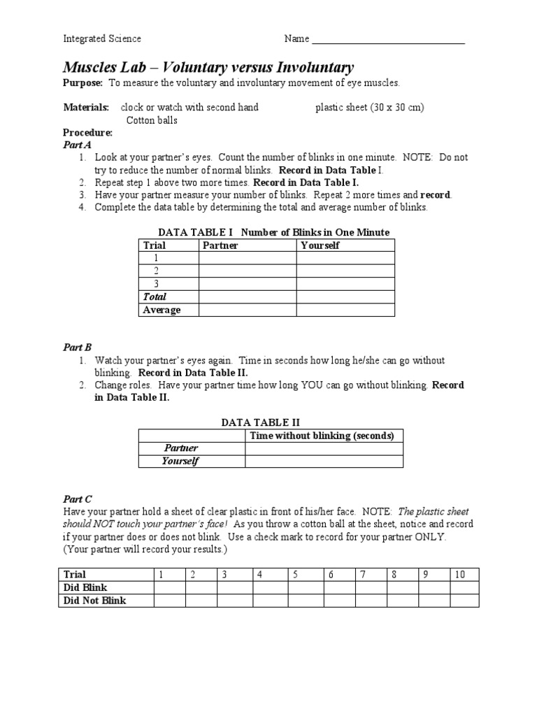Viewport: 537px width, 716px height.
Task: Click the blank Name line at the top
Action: [x=388, y=41]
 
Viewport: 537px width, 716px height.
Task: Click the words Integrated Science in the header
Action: [x=102, y=39]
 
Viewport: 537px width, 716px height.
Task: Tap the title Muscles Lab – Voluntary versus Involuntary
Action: [x=208, y=68]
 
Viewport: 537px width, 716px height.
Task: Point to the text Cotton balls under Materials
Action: [x=152, y=120]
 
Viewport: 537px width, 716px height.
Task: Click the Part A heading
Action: [x=77, y=145]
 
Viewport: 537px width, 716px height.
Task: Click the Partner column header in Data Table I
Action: [x=220, y=245]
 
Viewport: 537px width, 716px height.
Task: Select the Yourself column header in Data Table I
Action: [x=320, y=245]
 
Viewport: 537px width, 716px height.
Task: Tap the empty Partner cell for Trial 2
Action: [x=248, y=271]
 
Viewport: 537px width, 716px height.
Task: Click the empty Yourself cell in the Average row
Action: [x=345, y=310]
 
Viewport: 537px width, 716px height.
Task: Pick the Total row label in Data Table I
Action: [x=155, y=297]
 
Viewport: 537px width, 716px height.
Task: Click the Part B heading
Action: [x=77, y=348]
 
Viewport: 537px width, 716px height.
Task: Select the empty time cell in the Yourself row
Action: [x=324, y=461]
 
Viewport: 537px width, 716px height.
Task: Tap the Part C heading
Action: [x=77, y=499]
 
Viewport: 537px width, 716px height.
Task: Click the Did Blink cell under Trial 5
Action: [x=305, y=587]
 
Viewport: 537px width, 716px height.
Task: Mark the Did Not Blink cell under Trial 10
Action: [x=464, y=601]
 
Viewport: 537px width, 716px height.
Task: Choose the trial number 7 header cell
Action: [x=371, y=575]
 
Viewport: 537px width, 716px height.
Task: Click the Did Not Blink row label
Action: [x=95, y=601]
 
